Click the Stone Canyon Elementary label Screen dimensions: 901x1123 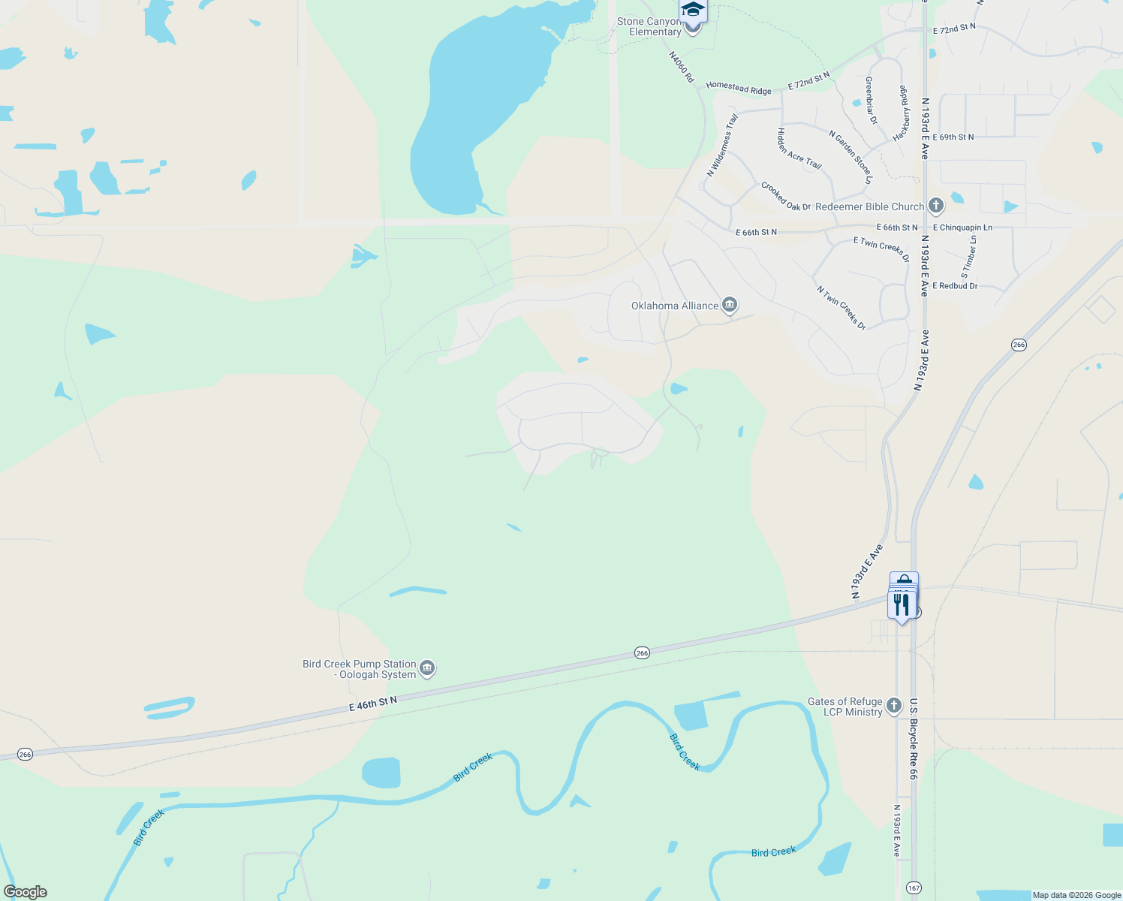point(649,27)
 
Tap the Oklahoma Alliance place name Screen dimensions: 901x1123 point(674,306)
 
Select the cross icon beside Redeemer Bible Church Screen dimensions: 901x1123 point(935,206)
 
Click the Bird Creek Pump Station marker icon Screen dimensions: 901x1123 point(427,668)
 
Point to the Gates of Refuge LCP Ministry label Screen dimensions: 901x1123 point(845,707)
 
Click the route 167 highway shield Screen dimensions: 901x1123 point(914,887)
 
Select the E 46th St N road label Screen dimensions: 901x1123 point(372,704)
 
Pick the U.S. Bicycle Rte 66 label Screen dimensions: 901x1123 point(914,739)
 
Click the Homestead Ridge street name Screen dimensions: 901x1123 point(739,88)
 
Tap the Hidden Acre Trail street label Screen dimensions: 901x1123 point(799,149)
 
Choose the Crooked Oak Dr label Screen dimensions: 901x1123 point(785,197)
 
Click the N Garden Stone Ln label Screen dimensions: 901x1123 point(851,157)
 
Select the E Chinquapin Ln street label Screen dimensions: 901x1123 point(962,228)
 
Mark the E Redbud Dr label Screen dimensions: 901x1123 point(955,286)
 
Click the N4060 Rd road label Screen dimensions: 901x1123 point(682,67)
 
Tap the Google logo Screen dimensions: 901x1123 point(25,892)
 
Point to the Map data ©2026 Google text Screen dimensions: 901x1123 point(1076,895)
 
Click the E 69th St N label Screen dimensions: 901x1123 point(953,137)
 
